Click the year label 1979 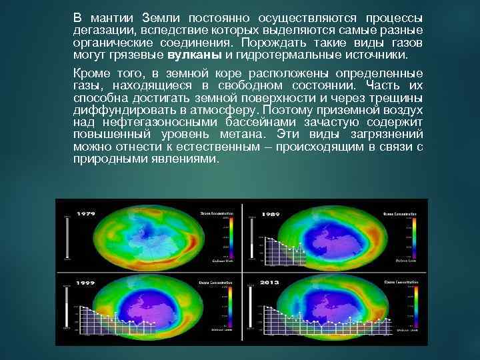pos(87,213)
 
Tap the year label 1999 pos(86,283)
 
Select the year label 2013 pos(270,283)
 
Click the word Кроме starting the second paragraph pos(91,72)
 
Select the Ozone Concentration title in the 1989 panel pos(399,213)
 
